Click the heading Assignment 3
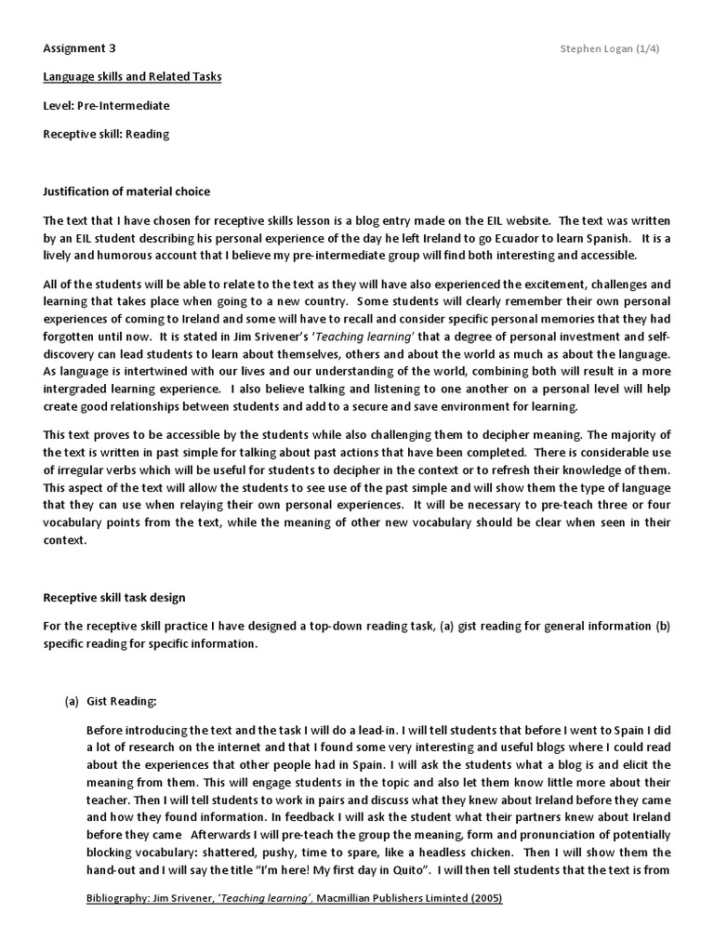pyautogui.click(x=80, y=47)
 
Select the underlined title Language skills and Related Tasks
pyautogui.click(x=132, y=76)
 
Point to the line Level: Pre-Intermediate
pyautogui.click(x=106, y=105)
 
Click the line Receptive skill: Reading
pyautogui.click(x=106, y=134)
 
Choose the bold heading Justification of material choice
pyautogui.click(x=126, y=192)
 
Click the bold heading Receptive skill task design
pyautogui.click(x=119, y=597)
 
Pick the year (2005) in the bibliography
pyautogui.click(x=483, y=900)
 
